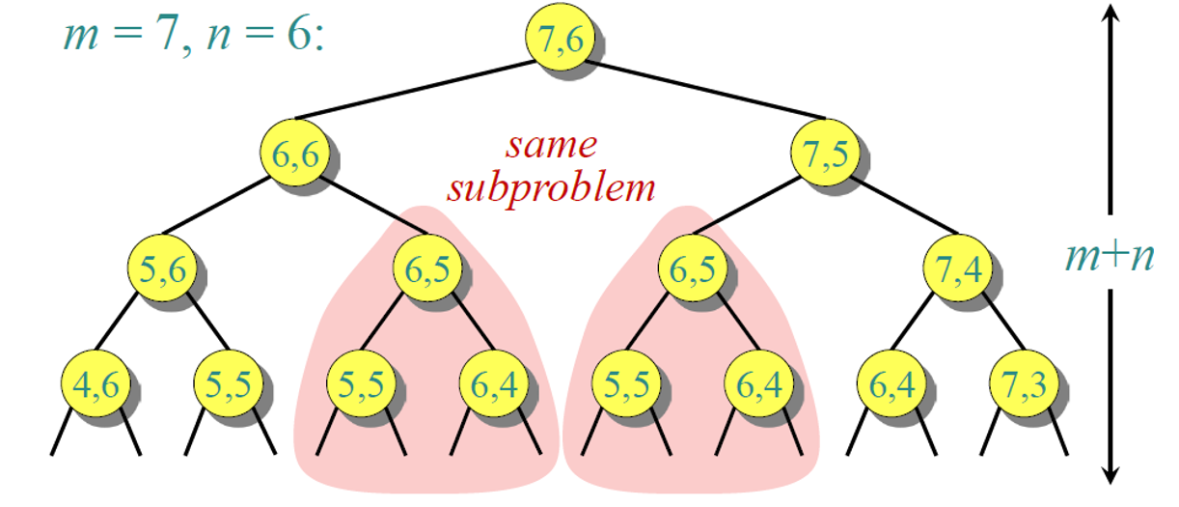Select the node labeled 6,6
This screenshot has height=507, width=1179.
[293, 154]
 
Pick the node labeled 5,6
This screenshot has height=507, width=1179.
[161, 269]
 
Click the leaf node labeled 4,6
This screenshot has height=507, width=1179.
[95, 383]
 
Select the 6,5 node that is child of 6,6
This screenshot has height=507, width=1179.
[425, 269]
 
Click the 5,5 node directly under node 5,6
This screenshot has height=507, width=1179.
[228, 383]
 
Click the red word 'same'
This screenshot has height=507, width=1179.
[551, 145]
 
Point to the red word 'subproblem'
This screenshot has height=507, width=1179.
[551, 186]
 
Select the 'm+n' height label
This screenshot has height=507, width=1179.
[1110, 257]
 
